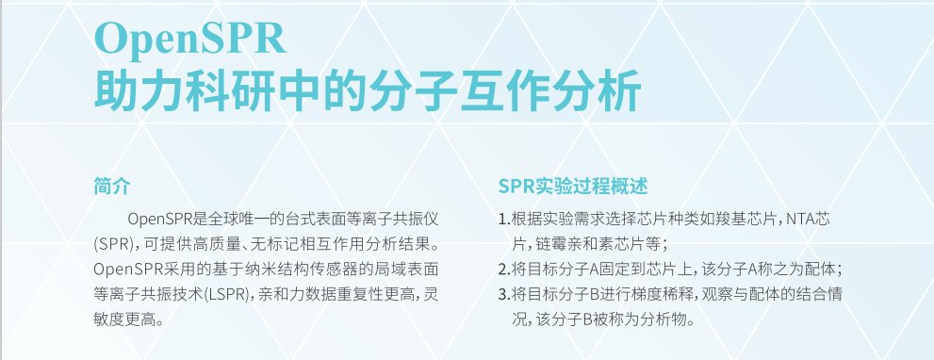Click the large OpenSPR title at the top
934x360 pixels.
tap(190, 38)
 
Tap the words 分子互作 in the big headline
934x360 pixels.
tap(459, 90)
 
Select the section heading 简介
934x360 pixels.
tap(111, 186)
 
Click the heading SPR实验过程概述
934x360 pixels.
tap(572, 186)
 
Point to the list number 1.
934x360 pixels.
tap(502, 219)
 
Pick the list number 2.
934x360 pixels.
tap(502, 270)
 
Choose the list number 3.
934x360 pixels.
tap(502, 294)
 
